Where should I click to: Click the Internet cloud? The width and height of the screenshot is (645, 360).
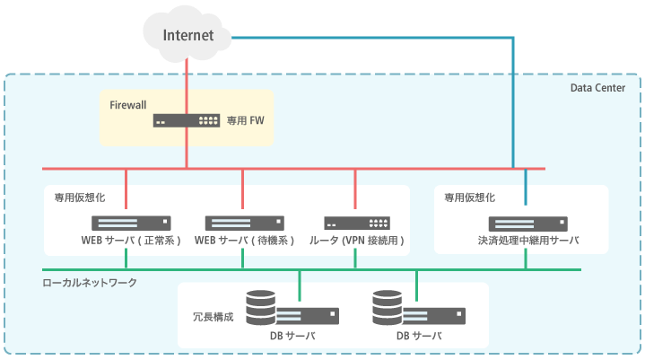click(x=188, y=33)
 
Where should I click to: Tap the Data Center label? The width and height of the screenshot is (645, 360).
click(x=604, y=87)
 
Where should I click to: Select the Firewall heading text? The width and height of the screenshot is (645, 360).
click(x=128, y=105)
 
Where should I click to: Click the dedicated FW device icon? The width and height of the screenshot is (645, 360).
click(x=187, y=119)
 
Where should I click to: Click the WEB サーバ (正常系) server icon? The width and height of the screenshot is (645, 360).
click(x=131, y=223)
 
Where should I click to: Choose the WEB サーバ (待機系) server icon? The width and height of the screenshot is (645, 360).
click(x=245, y=223)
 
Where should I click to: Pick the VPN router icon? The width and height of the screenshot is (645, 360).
click(x=356, y=223)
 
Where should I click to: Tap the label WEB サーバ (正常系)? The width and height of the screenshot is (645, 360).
click(x=131, y=241)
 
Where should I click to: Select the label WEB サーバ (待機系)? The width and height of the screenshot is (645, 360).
click(x=245, y=241)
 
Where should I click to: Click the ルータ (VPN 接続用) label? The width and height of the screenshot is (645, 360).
click(x=357, y=241)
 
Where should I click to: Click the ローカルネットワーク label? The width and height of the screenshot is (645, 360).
click(x=90, y=283)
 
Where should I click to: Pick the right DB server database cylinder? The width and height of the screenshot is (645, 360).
click(x=387, y=308)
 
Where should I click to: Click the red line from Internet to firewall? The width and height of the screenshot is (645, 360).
click(x=187, y=81)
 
